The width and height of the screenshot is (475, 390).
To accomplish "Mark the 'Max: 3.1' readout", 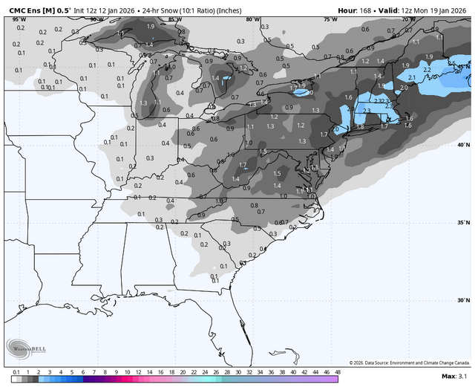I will [453, 377].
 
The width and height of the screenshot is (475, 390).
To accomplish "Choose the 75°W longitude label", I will [330, 19].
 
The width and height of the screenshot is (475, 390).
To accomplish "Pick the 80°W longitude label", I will [252, 19].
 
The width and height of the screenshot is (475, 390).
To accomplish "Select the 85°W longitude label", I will [174, 19].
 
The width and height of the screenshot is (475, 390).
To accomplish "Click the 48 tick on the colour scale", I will [338, 371].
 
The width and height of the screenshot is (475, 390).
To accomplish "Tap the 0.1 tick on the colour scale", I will [16, 371].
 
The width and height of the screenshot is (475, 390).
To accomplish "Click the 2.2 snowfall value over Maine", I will [426, 70].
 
